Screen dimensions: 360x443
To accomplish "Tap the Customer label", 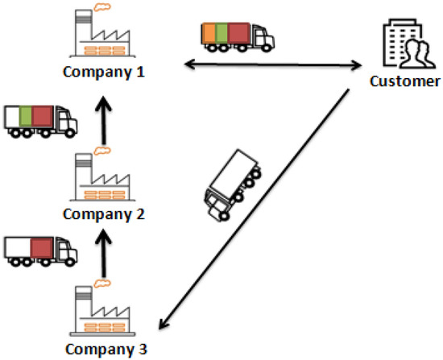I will pos(404,81).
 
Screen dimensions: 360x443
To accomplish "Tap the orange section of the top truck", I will pos(209,34).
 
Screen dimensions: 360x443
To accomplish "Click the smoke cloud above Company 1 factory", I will pos(102,8).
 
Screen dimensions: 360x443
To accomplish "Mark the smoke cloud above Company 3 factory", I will pos(102,283).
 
